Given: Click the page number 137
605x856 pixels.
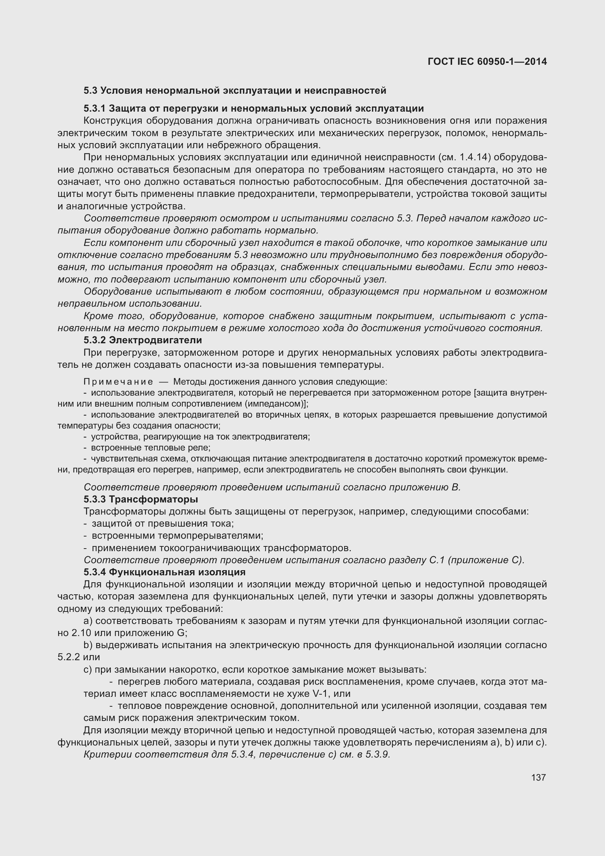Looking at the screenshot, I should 538,777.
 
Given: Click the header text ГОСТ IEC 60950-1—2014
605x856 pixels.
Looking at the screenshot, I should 487,61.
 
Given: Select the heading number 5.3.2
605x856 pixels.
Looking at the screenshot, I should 95,340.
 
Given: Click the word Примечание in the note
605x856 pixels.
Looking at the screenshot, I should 118,382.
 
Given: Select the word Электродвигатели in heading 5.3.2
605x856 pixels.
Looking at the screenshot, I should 155,340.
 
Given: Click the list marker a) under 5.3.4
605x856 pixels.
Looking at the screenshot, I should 88,621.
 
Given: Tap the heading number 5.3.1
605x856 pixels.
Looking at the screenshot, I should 95,108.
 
